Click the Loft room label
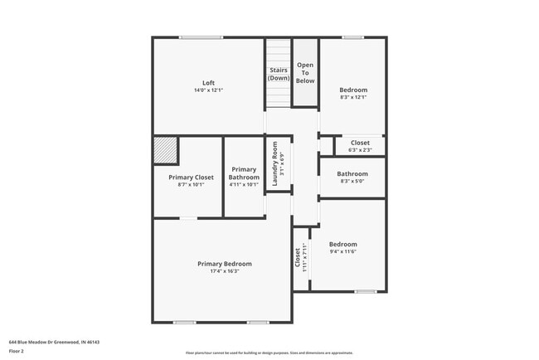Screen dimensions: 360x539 pyautogui.click(x=209, y=82)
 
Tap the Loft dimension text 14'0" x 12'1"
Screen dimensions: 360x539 pyautogui.click(x=209, y=90)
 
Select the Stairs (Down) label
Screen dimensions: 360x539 pyautogui.click(x=279, y=74)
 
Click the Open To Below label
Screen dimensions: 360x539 pyautogui.click(x=305, y=73)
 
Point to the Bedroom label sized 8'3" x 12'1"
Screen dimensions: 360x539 pyautogui.click(x=353, y=90)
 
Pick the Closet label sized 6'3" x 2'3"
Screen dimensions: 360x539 pyautogui.click(x=360, y=143)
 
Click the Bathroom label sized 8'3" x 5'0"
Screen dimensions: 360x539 pyautogui.click(x=353, y=173)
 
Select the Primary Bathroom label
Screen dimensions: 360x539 pyautogui.click(x=244, y=173)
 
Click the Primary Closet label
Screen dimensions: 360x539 pyautogui.click(x=191, y=178)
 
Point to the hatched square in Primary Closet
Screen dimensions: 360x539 pyautogui.click(x=166, y=152)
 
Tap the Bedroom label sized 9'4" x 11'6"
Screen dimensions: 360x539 pyautogui.click(x=342, y=244)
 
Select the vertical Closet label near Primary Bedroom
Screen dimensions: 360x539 pyautogui.click(x=298, y=258)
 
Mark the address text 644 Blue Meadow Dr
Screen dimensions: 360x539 pyautogui.click(x=41, y=340)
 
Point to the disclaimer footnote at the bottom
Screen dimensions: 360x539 pyautogui.click(x=269, y=353)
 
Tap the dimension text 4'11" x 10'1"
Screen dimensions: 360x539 pyautogui.click(x=244, y=184)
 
